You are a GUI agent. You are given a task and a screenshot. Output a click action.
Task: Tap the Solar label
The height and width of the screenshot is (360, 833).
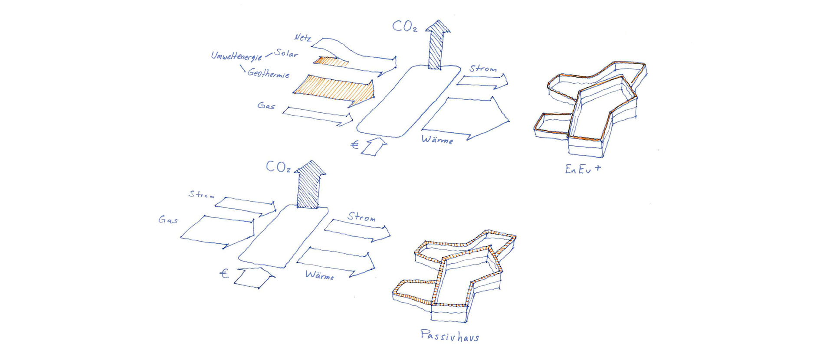coord(286,54)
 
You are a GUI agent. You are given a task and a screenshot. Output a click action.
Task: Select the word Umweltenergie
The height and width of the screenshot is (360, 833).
coord(236,56)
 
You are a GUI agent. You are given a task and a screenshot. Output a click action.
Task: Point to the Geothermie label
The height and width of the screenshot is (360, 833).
coord(269,73)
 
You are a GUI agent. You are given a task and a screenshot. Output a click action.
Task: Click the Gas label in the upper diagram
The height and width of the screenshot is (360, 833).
coord(266,105)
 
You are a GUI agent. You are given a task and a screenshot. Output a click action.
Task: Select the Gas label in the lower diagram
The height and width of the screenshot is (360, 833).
coord(168,220)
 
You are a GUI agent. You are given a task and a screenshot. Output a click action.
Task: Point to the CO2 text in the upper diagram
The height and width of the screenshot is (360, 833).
coord(404,26)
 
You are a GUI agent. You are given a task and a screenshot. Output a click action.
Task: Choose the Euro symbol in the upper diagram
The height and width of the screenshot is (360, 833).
coord(354,144)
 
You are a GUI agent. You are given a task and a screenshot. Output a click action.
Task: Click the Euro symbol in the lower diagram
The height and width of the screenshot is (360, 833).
coord(224,273)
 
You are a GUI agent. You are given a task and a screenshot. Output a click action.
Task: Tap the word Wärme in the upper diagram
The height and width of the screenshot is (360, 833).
coord(437,140)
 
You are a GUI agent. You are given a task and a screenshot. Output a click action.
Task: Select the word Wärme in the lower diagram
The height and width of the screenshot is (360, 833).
coord(319,275)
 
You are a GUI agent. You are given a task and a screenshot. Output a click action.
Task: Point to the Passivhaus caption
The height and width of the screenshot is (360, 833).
coord(449,336)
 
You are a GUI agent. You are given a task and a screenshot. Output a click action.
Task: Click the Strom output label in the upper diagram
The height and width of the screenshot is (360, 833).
coord(482,69)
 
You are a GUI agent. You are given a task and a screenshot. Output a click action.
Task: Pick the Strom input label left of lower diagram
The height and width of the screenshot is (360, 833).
coord(201,194)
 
